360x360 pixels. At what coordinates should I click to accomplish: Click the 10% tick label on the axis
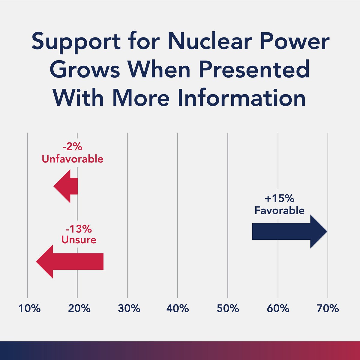pos(29,308)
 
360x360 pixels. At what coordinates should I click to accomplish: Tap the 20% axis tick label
pos(79,308)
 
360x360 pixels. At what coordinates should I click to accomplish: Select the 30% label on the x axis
pos(129,308)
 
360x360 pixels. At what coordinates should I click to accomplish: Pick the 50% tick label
pos(228,308)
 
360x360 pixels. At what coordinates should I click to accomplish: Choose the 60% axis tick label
pos(278,308)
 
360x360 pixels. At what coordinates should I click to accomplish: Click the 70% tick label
pos(328,308)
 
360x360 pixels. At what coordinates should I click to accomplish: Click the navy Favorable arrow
pos(288,232)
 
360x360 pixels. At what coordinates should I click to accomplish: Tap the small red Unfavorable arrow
pos(67,186)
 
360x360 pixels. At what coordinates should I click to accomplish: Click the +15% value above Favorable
pos(279,199)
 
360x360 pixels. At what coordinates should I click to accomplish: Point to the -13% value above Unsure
pos(79,229)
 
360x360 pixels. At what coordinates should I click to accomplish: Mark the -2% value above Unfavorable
pos(72,148)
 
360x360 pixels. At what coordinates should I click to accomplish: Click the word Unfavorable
pos(72,159)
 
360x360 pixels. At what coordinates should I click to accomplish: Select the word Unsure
pos(79,240)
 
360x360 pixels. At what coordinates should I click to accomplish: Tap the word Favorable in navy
pos(279,210)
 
